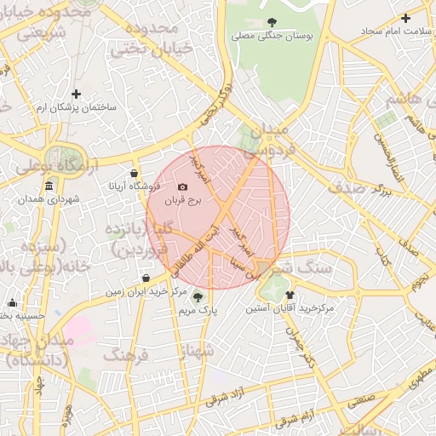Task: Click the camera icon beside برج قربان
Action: point(182,186)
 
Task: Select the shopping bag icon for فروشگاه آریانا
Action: point(135,173)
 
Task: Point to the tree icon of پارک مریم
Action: point(198,297)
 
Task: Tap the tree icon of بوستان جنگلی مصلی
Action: point(272,22)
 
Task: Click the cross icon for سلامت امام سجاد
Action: point(406,18)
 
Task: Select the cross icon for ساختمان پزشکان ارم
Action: point(77,94)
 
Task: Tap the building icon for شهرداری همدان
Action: point(49,186)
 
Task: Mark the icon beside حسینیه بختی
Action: point(12,303)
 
